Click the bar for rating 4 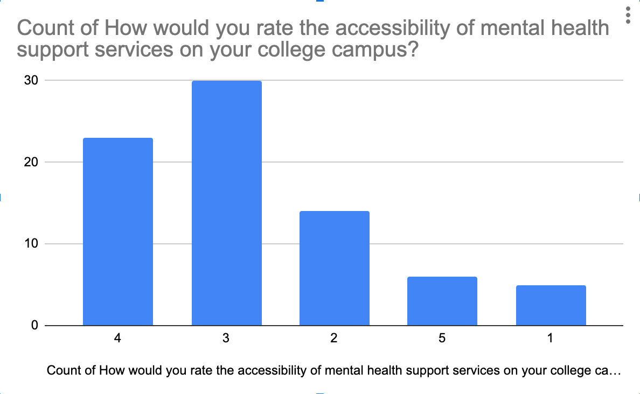pyautogui.click(x=118, y=231)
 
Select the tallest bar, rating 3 pyautogui.click(x=226, y=203)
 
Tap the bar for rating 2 pyautogui.click(x=334, y=268)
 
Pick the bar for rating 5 pyautogui.click(x=442, y=301)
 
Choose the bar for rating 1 pyautogui.click(x=551, y=305)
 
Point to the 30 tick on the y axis pyautogui.click(x=31, y=80)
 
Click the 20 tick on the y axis pyautogui.click(x=31, y=162)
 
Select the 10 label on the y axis pyautogui.click(x=31, y=244)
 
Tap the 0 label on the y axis pyautogui.click(x=34, y=325)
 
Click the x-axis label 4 pyautogui.click(x=118, y=339)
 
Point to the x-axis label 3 pyautogui.click(x=226, y=339)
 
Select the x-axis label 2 pyautogui.click(x=334, y=339)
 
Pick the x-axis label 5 pyautogui.click(x=442, y=339)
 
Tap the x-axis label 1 pyautogui.click(x=550, y=339)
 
